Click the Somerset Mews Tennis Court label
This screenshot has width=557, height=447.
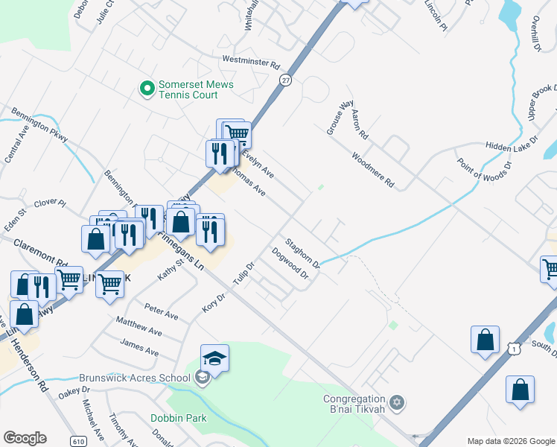pyautogui.click(x=195, y=89)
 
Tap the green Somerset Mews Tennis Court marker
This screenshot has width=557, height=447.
pyautogui.click(x=147, y=89)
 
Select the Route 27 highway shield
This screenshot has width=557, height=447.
pyautogui.click(x=284, y=80)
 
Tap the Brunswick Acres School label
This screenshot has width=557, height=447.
pyautogui.click(x=148, y=378)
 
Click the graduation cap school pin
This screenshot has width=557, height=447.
pyautogui.click(x=214, y=359)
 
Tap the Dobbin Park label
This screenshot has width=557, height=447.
pyautogui.click(x=178, y=418)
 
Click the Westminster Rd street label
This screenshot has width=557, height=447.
pyautogui.click(x=249, y=62)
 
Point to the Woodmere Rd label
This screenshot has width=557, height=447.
pyautogui.click(x=372, y=170)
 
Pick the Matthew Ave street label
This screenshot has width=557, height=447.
pyautogui.click(x=139, y=326)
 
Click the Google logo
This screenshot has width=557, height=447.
pyautogui.click(x=25, y=438)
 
